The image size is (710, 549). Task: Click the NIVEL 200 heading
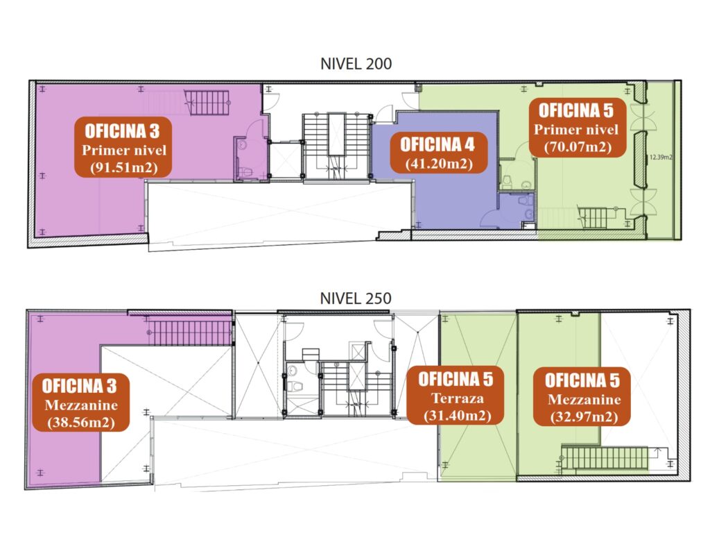(x=356, y=64)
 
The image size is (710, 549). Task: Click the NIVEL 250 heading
(x=356, y=298)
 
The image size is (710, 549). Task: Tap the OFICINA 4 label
(x=438, y=153)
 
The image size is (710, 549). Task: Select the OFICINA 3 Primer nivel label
(x=123, y=147)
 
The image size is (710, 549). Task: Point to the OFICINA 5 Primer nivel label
(x=575, y=128)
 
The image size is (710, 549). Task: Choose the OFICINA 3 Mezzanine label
(x=80, y=402)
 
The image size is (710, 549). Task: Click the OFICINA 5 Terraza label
(x=455, y=396)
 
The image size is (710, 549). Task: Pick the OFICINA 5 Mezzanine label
(x=582, y=396)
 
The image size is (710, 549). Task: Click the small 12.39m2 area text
(x=661, y=158)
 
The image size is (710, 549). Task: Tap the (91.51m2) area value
(x=123, y=167)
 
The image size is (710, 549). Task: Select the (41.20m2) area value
(x=439, y=163)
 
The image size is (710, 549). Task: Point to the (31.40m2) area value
(x=458, y=415)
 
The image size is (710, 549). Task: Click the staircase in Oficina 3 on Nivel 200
(x=207, y=103)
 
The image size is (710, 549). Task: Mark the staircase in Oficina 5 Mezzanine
(x=605, y=458)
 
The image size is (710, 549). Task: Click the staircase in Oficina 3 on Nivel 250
(x=190, y=333)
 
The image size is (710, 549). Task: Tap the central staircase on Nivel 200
(x=336, y=146)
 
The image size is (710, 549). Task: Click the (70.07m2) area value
(x=578, y=147)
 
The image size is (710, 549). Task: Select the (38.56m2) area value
(x=81, y=422)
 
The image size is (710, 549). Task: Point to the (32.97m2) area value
(x=584, y=416)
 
